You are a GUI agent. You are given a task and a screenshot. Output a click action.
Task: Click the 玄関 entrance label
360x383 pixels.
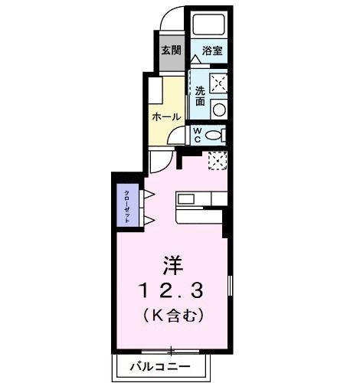[172, 51]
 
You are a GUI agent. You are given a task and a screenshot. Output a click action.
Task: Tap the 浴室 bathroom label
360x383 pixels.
[211, 51]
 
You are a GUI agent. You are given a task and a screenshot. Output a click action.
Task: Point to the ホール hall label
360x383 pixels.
[166, 117]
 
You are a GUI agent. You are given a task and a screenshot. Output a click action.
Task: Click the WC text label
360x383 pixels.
[197, 136]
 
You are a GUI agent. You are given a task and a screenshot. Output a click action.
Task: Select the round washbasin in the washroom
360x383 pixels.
[220, 110]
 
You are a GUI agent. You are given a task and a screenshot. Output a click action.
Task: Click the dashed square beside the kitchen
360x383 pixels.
[218, 161]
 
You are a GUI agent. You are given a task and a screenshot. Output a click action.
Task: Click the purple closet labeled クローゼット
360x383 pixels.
[123, 205]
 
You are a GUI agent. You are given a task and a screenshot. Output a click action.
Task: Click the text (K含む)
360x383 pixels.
[172, 313]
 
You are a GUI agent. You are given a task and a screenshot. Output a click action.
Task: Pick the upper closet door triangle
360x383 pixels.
[149, 194]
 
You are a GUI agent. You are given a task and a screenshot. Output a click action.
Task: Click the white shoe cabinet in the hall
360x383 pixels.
[152, 90]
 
